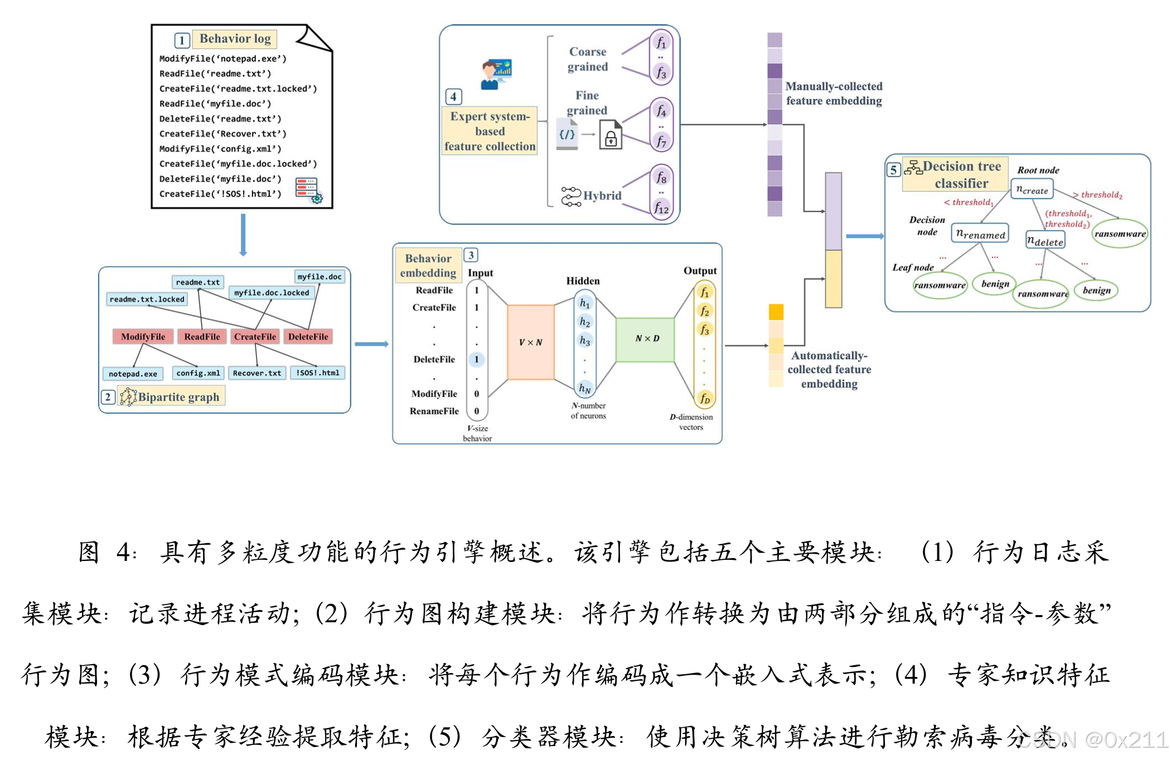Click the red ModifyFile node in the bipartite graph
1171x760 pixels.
tap(143, 336)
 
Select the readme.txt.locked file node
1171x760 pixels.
tap(147, 299)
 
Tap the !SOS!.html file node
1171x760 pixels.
tap(317, 372)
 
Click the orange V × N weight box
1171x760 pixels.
tap(530, 342)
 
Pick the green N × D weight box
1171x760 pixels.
tap(646, 338)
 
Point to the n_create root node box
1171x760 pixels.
tap(1032, 190)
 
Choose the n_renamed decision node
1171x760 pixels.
tap(980, 234)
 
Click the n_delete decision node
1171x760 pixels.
tap(1045, 241)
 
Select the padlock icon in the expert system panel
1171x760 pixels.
tap(611, 137)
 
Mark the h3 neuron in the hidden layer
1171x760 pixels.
tap(584, 340)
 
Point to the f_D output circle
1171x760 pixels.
tap(705, 398)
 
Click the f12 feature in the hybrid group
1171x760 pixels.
tap(661, 209)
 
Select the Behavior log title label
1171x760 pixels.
tap(235, 38)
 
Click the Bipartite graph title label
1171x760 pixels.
tap(178, 396)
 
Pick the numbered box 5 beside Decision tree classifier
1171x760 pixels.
tap(893, 170)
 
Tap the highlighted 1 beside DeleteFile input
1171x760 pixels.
tap(477, 359)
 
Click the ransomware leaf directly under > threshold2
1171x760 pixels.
tap(1120, 234)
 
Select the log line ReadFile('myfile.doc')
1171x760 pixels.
tap(215, 104)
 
